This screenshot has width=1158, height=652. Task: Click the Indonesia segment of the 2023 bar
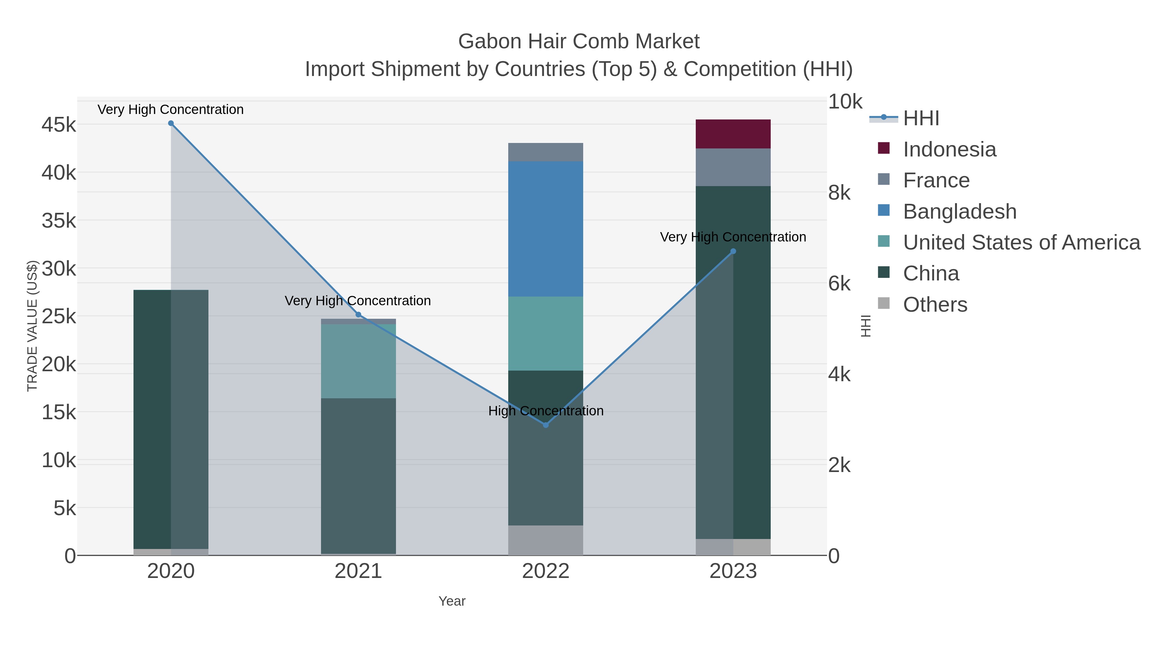(733, 134)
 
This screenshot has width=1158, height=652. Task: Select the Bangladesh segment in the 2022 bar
(545, 229)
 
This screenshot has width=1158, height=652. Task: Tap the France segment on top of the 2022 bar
(545, 152)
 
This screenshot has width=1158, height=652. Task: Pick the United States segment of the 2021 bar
(358, 361)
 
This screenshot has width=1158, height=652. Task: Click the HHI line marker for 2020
(171, 123)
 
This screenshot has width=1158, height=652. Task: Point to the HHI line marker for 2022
(546, 425)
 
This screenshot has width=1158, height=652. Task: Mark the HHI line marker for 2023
(733, 251)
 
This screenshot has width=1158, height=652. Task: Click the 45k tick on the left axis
(59, 125)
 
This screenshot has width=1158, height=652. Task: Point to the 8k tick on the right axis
(839, 193)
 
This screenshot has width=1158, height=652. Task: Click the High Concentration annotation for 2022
(546, 411)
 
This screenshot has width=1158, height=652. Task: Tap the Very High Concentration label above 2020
(170, 109)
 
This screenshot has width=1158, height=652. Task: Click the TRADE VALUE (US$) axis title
(32, 326)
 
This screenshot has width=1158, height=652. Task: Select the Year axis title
(452, 601)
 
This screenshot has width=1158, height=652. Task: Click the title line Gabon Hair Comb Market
(579, 42)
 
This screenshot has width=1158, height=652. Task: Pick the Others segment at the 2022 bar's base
(545, 540)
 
